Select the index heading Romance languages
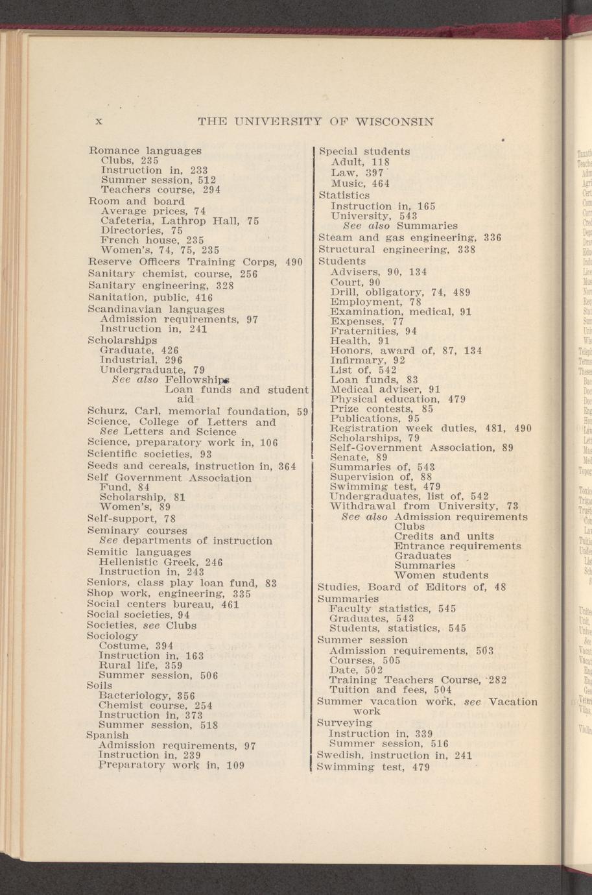[145, 151]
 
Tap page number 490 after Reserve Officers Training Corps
[294, 262]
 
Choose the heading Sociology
[112, 636]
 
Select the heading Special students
[364, 152]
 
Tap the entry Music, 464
[361, 184]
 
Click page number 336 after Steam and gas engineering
[491, 237]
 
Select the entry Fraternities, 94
[373, 330]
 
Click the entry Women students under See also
[441, 575]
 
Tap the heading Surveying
[345, 722]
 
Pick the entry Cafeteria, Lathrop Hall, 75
[180, 221]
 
